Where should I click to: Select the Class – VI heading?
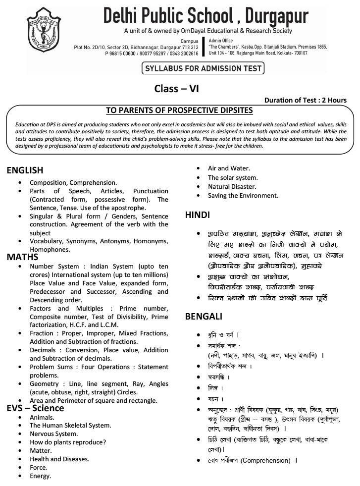177,89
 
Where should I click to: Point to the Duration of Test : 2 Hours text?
305,100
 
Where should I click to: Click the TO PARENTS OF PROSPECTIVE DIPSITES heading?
179,110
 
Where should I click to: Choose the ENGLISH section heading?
25,170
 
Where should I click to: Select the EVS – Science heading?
35,408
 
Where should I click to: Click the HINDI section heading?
197,215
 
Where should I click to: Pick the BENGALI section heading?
203,316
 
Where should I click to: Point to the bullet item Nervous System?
53,433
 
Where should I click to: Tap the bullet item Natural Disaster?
232,186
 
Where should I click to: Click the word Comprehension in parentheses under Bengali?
265,460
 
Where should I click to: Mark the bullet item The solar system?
233,177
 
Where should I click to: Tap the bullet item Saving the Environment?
243,195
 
